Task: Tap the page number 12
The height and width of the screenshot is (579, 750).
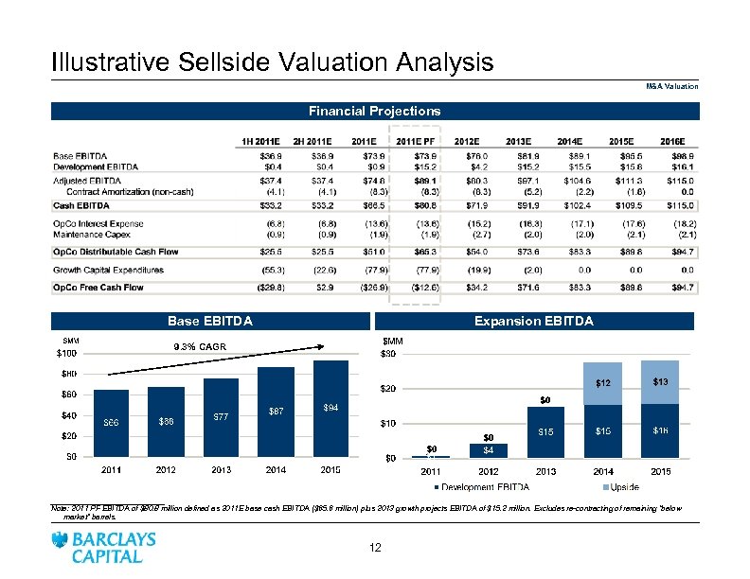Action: coord(375,548)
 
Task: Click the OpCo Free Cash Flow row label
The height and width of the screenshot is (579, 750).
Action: coord(98,288)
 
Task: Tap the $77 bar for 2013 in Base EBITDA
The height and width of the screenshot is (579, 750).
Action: coord(220,417)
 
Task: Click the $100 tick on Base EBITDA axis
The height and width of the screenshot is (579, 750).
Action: coord(64,354)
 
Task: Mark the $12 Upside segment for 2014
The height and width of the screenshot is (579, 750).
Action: coord(603,383)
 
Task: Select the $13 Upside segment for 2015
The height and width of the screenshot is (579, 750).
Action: coord(661,380)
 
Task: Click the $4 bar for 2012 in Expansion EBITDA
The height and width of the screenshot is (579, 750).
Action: coord(489,449)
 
